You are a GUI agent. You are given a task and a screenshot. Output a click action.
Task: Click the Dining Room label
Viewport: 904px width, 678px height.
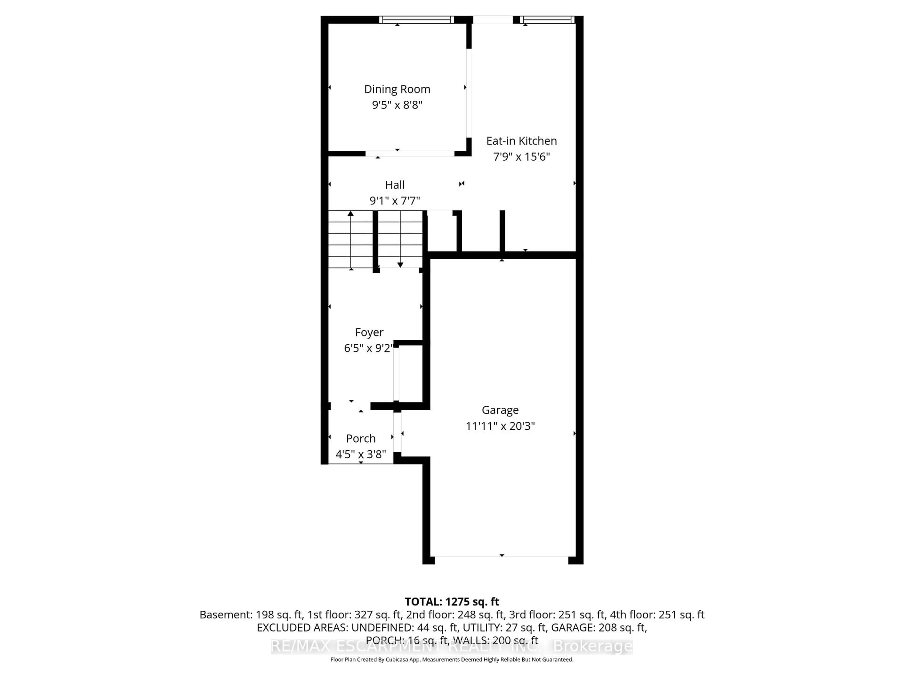397,89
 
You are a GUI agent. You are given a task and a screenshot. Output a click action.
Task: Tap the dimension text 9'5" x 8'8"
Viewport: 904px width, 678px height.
397,105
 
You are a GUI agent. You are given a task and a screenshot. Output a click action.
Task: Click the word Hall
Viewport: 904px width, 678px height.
395,185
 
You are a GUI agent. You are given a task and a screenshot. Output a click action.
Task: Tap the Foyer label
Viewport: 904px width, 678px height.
369,332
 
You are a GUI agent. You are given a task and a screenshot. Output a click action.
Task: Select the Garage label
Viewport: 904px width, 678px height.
500,410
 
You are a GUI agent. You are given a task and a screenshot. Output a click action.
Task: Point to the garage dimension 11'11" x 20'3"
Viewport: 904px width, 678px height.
500,426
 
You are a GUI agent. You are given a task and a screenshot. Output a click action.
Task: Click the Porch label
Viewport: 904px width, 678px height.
360,439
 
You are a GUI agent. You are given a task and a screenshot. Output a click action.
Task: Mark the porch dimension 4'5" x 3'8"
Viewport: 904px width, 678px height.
360,454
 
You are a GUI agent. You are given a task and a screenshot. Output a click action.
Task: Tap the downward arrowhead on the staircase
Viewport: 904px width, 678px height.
400,265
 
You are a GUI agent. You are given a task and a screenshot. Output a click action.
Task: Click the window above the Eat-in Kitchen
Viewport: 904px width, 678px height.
548,20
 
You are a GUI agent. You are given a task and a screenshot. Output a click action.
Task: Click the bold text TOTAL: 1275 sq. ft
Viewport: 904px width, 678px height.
452,601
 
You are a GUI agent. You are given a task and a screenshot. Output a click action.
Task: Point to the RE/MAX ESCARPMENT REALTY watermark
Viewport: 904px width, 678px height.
452,646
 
